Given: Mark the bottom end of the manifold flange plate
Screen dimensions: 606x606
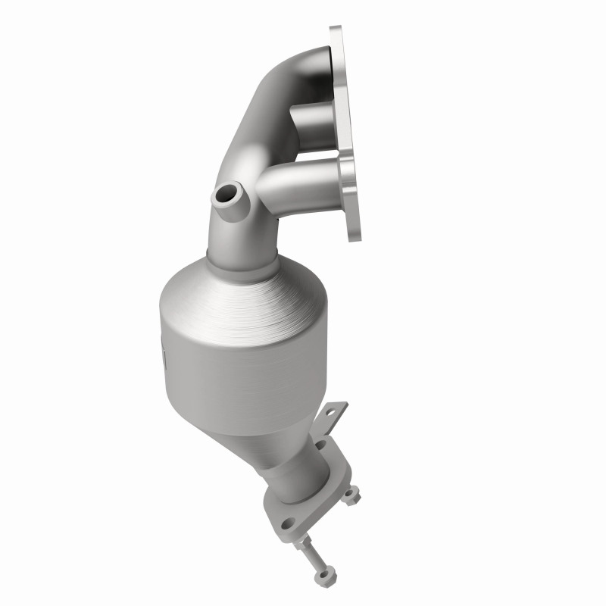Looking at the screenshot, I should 355,227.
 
